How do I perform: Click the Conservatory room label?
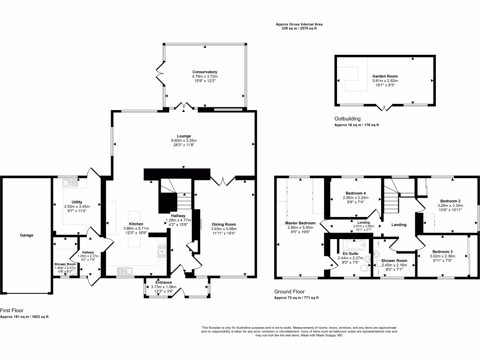204,72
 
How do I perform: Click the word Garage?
26,235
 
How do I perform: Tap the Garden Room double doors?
384,108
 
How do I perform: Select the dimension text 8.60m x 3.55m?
184,141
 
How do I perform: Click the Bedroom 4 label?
355,193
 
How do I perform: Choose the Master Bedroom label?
300,223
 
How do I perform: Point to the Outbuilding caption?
347,119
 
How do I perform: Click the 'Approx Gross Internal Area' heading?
299,24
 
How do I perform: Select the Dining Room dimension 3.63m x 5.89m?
224,229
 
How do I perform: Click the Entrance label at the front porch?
164,283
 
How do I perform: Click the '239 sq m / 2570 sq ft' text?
299,29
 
